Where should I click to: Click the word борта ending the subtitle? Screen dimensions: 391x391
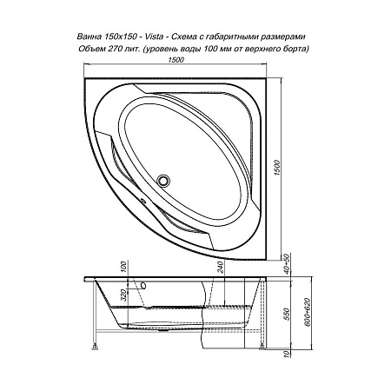(294, 50)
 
